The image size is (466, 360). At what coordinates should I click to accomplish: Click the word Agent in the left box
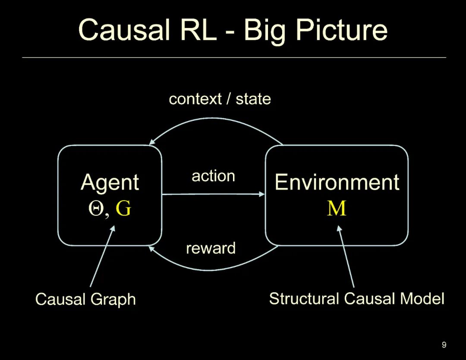(110, 182)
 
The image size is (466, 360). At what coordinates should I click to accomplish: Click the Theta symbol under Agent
(95, 209)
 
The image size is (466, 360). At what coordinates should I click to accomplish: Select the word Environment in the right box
(337, 182)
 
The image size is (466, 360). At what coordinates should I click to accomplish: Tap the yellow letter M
(337, 209)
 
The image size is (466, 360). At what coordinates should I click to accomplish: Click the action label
(213, 176)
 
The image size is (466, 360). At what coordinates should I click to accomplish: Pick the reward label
(211, 248)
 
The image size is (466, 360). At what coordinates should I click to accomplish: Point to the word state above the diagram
(253, 99)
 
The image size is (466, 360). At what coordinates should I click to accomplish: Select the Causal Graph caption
(85, 299)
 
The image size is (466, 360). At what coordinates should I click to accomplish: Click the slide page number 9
(444, 345)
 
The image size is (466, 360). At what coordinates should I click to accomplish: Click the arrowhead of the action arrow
(262, 194)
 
